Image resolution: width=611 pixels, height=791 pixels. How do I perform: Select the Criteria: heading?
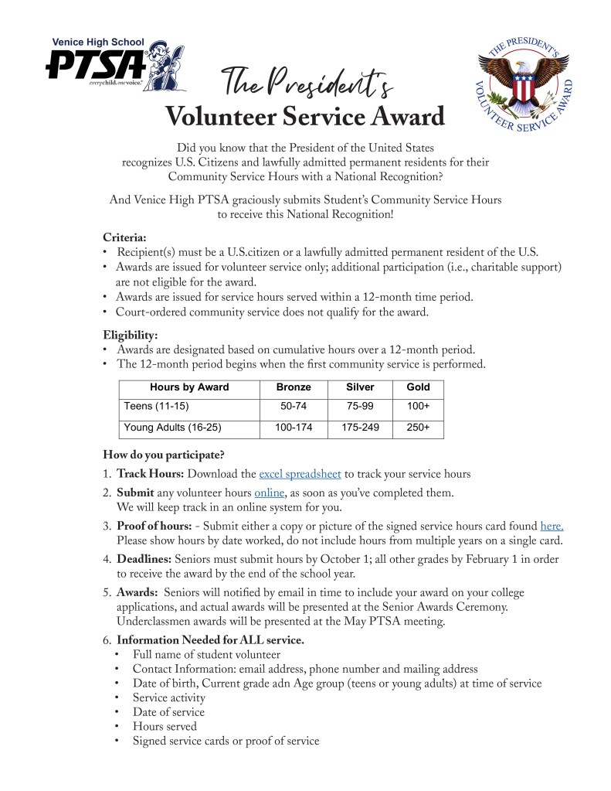(124, 237)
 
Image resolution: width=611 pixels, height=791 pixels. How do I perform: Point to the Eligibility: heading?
(130, 335)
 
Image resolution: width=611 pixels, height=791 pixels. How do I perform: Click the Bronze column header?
(294, 387)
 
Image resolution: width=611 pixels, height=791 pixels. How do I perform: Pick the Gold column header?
(418, 387)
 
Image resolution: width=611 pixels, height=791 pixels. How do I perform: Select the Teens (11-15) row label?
(156, 406)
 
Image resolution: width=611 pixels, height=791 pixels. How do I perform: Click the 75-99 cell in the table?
(360, 406)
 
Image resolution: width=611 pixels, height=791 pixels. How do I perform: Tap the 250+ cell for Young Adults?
(418, 427)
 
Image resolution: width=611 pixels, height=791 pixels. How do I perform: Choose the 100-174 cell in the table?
(294, 427)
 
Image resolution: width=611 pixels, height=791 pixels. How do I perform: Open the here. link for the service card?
(552, 527)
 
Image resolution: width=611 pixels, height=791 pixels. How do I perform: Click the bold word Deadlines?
(144, 559)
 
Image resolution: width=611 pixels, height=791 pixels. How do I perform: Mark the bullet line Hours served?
(165, 726)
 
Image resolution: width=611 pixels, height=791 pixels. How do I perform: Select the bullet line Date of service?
(168, 712)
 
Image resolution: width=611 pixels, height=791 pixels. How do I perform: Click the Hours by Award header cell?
(189, 387)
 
